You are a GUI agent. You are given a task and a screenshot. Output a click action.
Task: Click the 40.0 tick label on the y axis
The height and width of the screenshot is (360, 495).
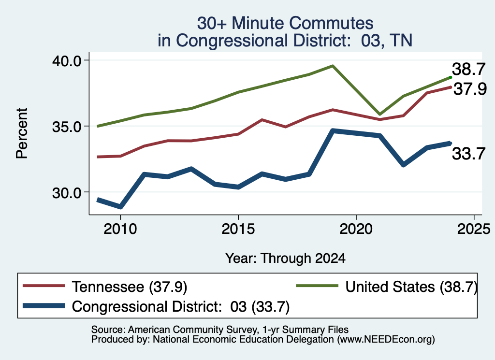[x=67, y=60]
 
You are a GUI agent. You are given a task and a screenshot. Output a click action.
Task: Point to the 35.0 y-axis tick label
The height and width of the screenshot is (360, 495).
[x=67, y=127]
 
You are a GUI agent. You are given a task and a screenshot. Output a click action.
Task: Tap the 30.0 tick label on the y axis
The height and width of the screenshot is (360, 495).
[x=67, y=192]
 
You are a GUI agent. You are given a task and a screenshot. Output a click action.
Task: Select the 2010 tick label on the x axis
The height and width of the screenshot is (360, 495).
[x=120, y=229]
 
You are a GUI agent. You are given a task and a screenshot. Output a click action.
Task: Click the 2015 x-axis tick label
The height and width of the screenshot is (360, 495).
[x=238, y=229]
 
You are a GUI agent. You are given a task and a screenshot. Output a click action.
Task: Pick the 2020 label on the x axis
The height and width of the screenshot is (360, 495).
[x=356, y=229]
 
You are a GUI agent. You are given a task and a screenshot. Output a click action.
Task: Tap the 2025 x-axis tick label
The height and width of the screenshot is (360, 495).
[x=474, y=229]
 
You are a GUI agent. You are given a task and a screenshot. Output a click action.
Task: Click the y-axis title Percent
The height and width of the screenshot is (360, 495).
[x=22, y=133]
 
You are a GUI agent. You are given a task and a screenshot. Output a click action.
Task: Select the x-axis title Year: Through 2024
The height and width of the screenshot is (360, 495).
[x=285, y=258]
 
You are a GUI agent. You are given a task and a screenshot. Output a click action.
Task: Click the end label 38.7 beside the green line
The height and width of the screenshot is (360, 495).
[x=468, y=69]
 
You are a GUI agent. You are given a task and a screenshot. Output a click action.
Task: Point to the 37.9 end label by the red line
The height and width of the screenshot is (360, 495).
[x=470, y=89]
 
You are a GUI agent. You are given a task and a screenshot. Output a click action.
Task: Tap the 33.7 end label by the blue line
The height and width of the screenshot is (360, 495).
[x=468, y=154]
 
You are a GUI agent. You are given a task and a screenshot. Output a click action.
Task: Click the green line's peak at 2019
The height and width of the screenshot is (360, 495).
[x=333, y=66]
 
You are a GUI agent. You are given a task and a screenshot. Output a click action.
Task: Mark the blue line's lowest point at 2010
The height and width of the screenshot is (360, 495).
[x=120, y=207]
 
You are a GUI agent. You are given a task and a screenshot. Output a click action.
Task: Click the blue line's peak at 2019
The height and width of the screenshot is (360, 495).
[x=333, y=130]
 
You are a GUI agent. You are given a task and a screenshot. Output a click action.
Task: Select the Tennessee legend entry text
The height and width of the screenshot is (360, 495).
[x=130, y=287]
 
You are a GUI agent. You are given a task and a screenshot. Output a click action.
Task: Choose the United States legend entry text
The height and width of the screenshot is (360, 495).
[x=411, y=287]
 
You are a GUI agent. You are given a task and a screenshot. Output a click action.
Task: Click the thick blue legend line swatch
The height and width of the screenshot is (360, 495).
[x=44, y=306]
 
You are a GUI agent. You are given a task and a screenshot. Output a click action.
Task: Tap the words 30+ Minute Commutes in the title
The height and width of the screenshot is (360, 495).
[x=285, y=23]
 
